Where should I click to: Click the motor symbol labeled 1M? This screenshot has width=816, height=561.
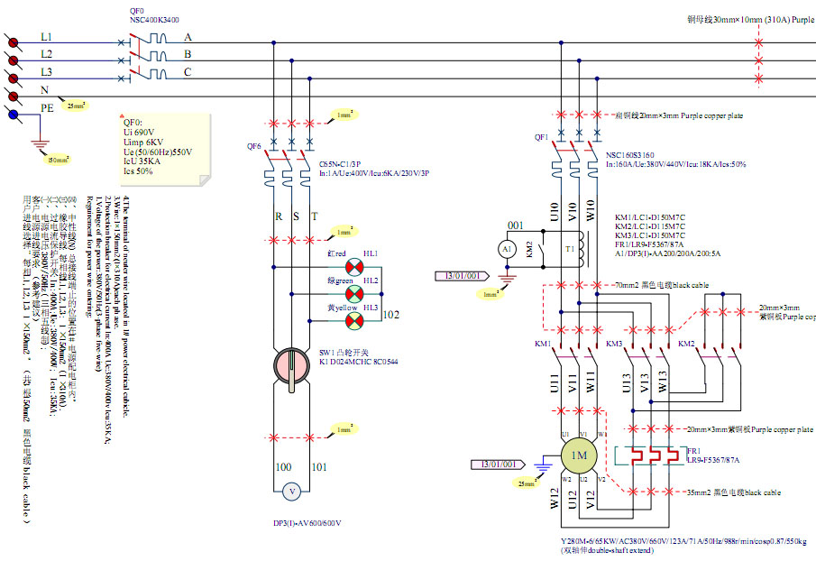coord(578,456)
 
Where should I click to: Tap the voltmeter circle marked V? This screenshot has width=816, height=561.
coord(291,492)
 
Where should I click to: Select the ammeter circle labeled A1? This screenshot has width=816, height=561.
coord(507,248)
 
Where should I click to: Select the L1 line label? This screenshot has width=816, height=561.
coord(46,37)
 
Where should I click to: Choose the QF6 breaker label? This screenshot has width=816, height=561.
coord(253,146)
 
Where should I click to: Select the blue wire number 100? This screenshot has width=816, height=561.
coord(283,467)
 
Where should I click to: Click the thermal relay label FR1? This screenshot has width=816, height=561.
coord(693,449)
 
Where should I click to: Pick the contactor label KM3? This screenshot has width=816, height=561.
coord(614,345)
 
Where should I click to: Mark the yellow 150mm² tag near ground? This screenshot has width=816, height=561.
coord(58,160)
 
